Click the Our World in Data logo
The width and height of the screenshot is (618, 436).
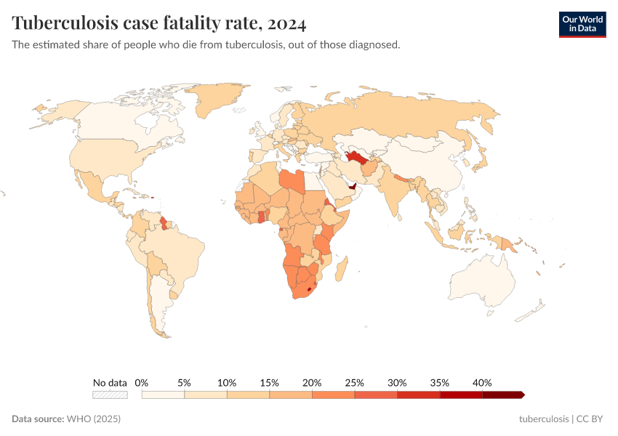(582, 23)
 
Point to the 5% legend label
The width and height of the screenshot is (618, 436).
(184, 382)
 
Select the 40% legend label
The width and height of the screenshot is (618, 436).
(482, 382)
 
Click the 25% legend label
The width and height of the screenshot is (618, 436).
(354, 382)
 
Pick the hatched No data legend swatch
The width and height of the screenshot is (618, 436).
(110, 395)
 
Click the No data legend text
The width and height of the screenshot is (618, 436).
(110, 382)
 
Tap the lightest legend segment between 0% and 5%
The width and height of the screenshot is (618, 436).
(163, 395)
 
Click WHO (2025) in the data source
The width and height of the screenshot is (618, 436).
(93, 419)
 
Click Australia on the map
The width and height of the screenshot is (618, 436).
(483, 280)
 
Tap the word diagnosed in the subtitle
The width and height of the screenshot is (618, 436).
(373, 45)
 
